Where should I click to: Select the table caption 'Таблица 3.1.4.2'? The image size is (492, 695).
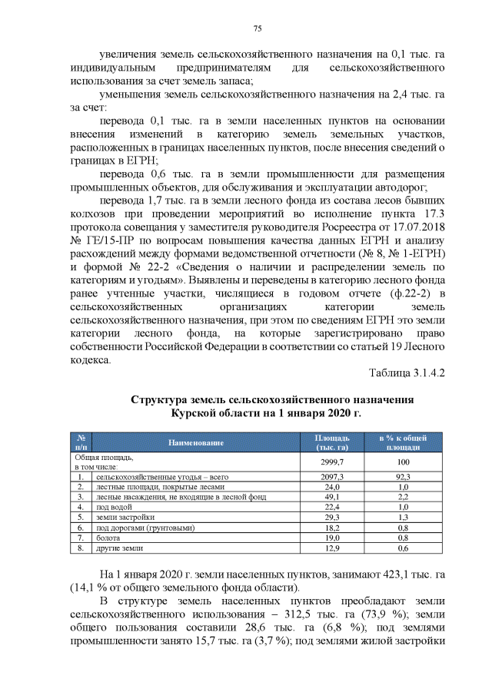(x=407, y=373)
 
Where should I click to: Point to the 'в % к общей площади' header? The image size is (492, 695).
(x=403, y=442)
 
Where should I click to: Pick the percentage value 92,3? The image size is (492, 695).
(x=403, y=478)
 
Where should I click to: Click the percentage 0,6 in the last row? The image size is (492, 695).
(x=403, y=549)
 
